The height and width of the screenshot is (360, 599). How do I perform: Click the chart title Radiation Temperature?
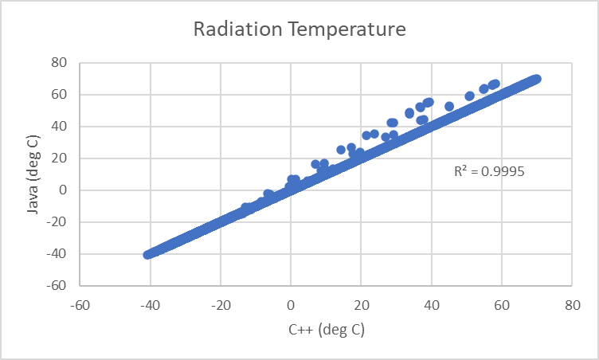(299, 30)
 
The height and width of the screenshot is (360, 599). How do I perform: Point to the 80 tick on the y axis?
(58, 62)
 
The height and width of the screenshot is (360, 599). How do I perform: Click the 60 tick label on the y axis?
(58, 94)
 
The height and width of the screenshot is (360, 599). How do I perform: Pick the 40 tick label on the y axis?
(58, 126)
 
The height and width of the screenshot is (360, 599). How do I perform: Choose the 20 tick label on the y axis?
(58, 158)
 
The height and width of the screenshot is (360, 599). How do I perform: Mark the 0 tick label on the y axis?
(61, 190)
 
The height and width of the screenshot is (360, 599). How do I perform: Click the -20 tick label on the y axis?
(57, 221)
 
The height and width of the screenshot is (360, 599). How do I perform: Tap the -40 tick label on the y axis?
(57, 253)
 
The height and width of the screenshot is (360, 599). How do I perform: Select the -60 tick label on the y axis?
(57, 285)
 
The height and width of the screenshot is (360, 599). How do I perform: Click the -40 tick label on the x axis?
(150, 303)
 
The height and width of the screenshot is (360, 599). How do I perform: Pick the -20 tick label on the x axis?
(220, 303)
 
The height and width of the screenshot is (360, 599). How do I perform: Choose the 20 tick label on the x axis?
(362, 303)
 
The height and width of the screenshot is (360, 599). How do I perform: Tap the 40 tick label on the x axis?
(432, 303)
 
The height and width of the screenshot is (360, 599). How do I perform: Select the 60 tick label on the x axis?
(502, 303)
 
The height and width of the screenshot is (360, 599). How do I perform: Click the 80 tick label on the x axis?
(572, 303)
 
